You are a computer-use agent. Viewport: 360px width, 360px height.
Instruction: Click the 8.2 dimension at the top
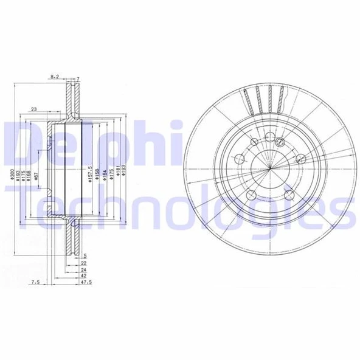(x=55, y=77)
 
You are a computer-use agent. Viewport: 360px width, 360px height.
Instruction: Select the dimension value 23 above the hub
(x=34, y=109)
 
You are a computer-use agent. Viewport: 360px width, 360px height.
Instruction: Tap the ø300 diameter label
(x=11, y=177)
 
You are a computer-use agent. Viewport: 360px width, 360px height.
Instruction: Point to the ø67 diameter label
(x=37, y=177)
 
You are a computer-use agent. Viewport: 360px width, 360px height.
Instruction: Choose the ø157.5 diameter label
(x=89, y=175)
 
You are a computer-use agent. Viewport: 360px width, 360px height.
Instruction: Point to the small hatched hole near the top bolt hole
(x=280, y=141)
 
